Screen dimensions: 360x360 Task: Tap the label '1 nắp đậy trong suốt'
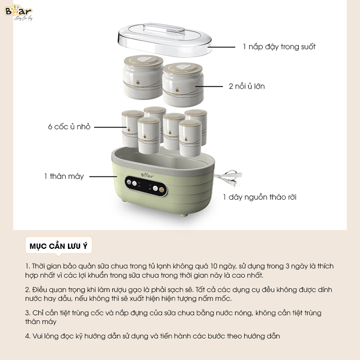click(279, 46)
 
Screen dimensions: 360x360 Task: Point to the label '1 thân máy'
click(64, 176)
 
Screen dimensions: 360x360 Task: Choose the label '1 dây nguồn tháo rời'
click(260, 197)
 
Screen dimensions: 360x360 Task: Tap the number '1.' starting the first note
click(28, 266)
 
